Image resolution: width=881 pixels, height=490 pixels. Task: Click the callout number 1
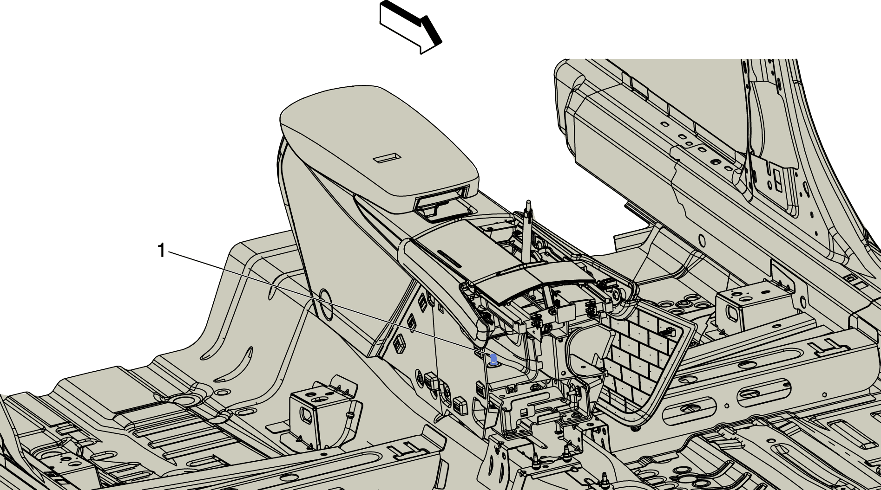tap(161, 251)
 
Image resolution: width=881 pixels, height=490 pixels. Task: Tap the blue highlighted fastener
tap(493, 359)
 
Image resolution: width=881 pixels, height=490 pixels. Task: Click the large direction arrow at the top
tap(410, 27)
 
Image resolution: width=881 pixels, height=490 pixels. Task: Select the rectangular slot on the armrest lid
tap(387, 158)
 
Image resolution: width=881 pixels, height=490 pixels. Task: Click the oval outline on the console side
tap(327, 304)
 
